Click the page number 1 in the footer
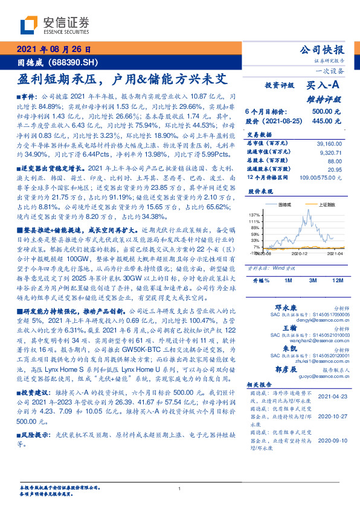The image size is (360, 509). point(180,488)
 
